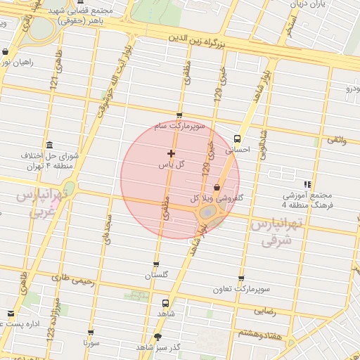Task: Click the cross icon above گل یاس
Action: point(171,153)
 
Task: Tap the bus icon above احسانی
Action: point(237,139)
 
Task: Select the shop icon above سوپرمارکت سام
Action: point(179,116)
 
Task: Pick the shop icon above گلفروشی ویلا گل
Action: point(217,187)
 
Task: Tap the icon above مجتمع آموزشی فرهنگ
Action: point(307,184)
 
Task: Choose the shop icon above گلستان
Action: point(156,265)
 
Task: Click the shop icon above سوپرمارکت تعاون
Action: point(241,279)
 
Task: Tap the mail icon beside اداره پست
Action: point(10,314)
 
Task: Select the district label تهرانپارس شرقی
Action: point(276,233)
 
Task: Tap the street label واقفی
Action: point(335,141)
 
